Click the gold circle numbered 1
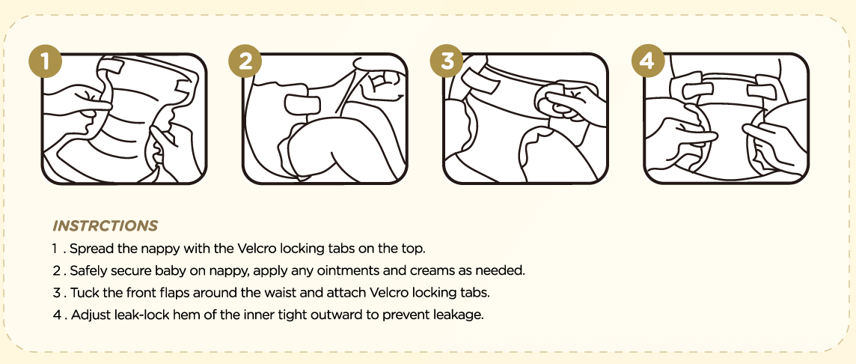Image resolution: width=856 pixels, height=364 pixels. coord(46,61)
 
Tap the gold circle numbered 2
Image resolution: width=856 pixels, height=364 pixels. coord(245,61)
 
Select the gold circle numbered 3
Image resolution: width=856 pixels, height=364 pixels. coord(447,61)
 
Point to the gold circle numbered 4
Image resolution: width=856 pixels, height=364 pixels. coord(648,61)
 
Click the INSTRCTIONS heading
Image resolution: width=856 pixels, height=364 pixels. coord(106,225)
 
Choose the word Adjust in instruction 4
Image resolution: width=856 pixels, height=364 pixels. coord(89,315)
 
